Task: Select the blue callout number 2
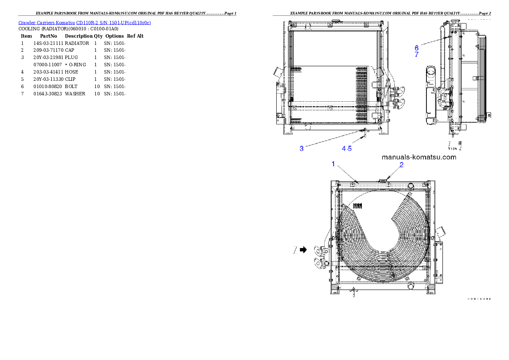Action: click(x=401, y=164)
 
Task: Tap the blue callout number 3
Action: click(x=302, y=148)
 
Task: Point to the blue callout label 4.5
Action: click(x=347, y=148)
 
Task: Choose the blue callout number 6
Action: click(x=417, y=47)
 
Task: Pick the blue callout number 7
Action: click(x=417, y=55)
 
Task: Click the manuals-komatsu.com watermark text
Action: click(x=419, y=157)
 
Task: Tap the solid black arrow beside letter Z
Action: click(x=304, y=250)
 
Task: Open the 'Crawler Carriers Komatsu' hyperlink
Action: click(x=47, y=22)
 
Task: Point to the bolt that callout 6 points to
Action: click(x=448, y=37)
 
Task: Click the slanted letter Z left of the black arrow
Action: click(x=295, y=250)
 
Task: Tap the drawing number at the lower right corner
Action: click(x=478, y=298)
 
